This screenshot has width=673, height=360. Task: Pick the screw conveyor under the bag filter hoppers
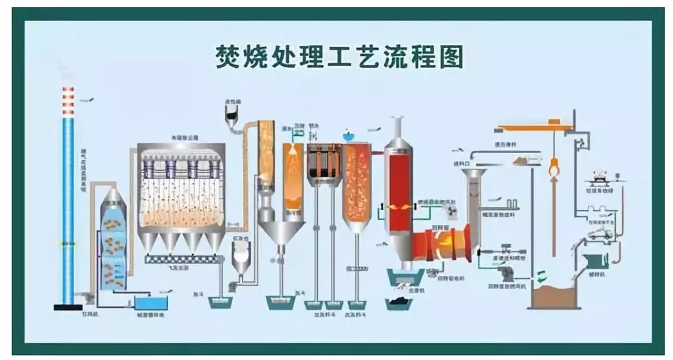(x=183, y=258)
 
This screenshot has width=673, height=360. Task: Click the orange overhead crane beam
(x=536, y=128)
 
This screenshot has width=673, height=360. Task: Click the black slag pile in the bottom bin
(x=397, y=301)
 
